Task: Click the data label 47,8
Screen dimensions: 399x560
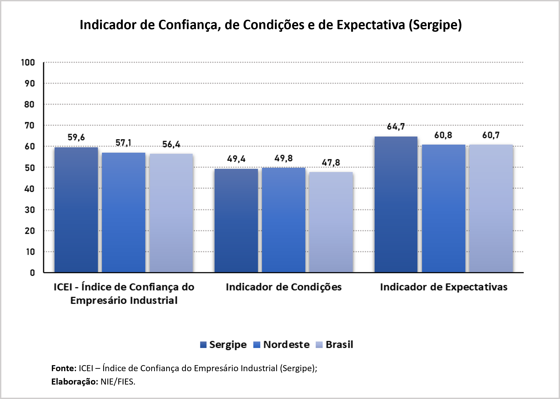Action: click(x=331, y=163)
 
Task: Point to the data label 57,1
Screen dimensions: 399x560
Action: click(x=123, y=143)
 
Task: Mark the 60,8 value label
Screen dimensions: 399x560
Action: click(x=443, y=135)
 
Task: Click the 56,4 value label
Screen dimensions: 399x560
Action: click(x=171, y=144)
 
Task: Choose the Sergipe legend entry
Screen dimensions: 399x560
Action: click(x=223, y=344)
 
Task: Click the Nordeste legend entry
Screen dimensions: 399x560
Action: click(x=282, y=344)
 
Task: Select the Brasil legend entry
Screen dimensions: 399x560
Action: click(x=335, y=344)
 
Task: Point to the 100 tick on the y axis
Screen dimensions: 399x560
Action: click(x=28, y=62)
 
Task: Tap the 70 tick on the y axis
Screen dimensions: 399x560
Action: click(x=29, y=125)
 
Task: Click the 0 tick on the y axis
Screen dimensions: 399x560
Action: click(x=32, y=273)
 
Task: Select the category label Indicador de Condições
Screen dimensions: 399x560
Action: click(x=284, y=287)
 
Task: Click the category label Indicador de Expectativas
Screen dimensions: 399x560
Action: click(x=444, y=287)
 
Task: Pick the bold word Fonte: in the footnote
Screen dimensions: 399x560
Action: click(x=64, y=368)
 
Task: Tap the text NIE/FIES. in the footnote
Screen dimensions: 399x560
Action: click(x=118, y=382)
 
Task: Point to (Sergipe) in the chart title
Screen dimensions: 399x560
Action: click(x=435, y=25)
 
